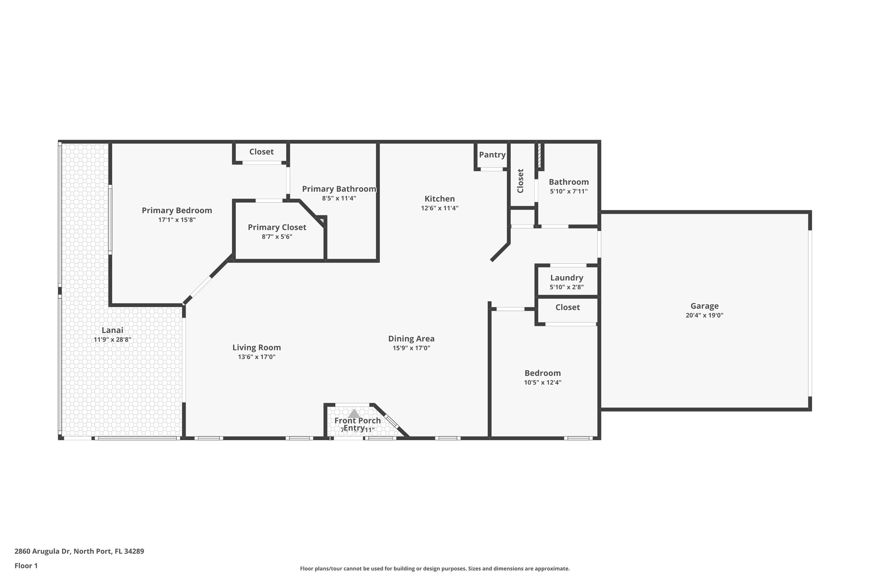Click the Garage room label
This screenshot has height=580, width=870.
(704, 306)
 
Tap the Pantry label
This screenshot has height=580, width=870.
(492, 155)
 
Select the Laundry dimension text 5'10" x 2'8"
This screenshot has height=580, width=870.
(566, 287)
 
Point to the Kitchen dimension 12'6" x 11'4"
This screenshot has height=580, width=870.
(440, 208)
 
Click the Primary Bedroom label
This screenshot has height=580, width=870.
(177, 210)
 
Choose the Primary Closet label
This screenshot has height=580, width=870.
(277, 227)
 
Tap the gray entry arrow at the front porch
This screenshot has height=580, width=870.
(354, 413)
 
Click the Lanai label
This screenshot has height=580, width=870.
(112, 330)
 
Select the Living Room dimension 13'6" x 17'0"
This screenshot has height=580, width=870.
(257, 357)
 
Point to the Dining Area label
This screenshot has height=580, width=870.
(411, 339)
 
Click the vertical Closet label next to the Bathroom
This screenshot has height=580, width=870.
(520, 181)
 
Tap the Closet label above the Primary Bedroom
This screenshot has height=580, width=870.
(261, 152)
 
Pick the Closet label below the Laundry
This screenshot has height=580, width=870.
(568, 307)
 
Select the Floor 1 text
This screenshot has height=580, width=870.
(26, 566)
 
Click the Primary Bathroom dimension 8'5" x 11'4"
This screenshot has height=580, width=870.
(339, 198)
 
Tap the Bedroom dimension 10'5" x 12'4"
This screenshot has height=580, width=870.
(542, 382)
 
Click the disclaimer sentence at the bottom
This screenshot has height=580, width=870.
(435, 569)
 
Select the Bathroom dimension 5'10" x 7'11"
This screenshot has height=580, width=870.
(568, 191)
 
